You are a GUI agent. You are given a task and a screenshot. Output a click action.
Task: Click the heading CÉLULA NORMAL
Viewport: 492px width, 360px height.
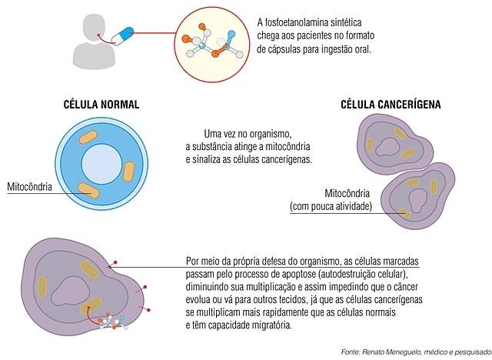coord(101,105)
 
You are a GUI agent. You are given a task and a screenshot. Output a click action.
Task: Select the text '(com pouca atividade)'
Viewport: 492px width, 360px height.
coord(331,206)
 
